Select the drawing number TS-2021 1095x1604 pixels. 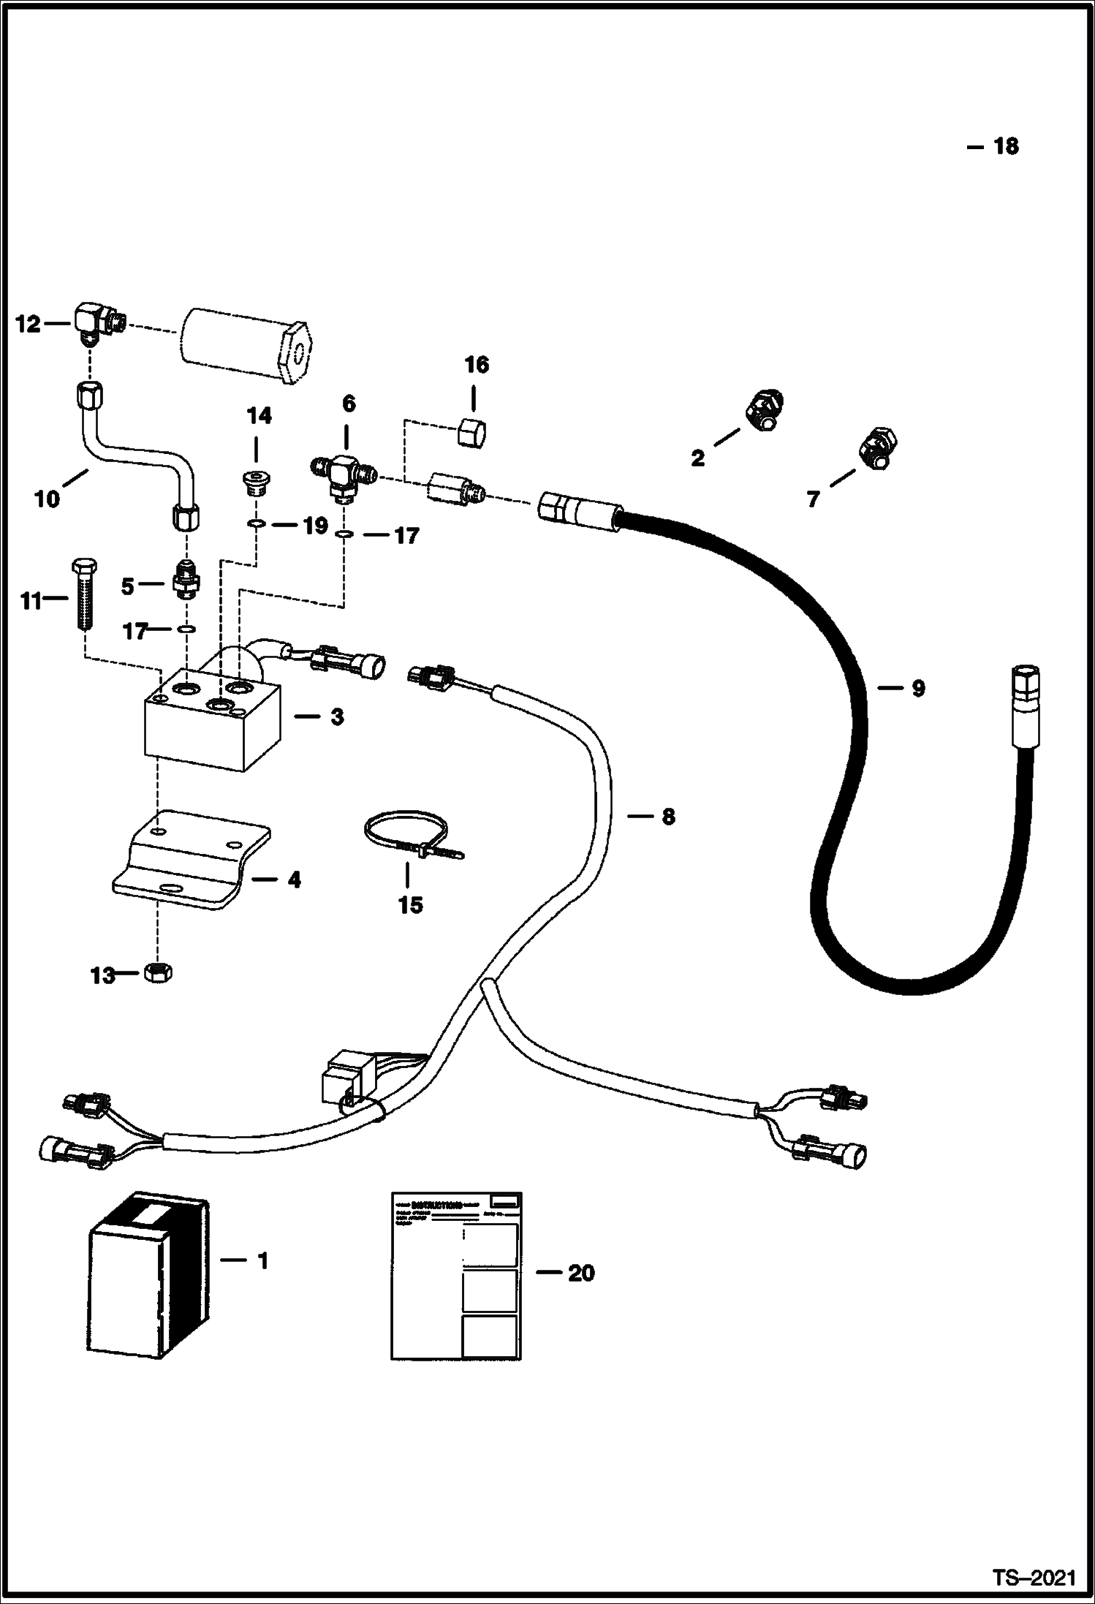(1034, 1576)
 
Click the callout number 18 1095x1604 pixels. (1006, 147)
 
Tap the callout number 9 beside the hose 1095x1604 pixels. (918, 688)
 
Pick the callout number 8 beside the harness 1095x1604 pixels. (668, 817)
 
